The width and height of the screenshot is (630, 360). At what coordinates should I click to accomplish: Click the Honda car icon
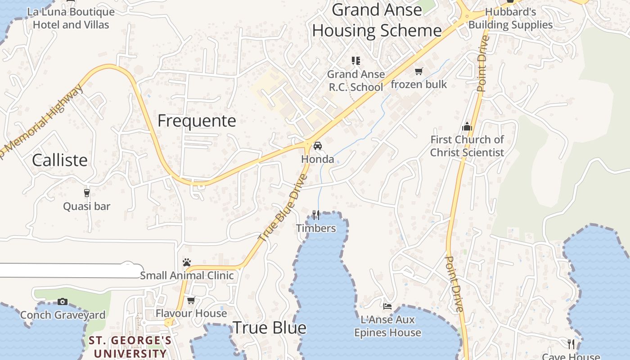318,146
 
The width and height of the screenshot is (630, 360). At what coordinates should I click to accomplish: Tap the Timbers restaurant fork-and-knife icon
316,215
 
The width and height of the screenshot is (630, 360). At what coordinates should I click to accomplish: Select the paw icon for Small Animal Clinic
187,262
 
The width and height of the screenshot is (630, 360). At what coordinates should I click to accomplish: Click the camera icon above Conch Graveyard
63,301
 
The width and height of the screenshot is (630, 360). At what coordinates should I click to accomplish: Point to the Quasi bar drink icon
87,193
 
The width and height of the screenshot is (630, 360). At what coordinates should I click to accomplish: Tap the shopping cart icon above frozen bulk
419,71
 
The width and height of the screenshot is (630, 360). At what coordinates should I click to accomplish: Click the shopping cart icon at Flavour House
191,300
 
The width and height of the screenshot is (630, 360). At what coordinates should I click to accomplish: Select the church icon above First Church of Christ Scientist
467,126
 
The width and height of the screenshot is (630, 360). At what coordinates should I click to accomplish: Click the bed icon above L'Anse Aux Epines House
387,306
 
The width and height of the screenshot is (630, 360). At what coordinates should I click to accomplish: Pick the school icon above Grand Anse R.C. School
356,60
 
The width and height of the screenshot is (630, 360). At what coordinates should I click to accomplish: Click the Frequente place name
197,121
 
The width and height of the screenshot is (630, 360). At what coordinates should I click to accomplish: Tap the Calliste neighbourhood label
60,160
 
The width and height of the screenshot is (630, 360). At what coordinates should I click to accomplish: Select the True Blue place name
270,328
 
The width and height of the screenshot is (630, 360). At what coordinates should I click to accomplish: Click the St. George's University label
130,346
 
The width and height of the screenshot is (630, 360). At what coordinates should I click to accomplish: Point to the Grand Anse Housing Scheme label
377,20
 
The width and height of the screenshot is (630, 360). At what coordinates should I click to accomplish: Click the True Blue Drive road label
283,208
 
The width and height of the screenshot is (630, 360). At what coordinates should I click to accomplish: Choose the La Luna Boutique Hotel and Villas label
71,18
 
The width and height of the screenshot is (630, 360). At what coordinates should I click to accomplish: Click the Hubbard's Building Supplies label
511,18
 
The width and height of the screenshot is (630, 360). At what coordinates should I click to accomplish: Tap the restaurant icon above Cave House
571,344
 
